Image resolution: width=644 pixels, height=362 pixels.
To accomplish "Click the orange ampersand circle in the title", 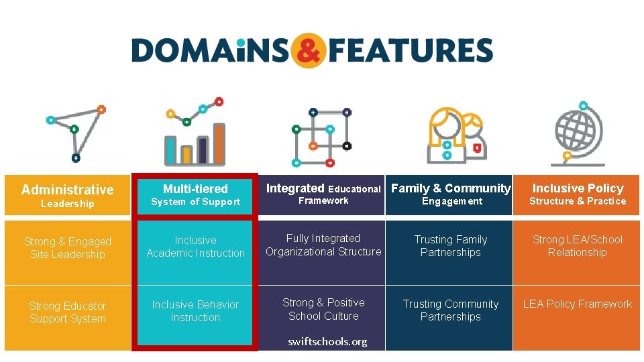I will coord(309,51).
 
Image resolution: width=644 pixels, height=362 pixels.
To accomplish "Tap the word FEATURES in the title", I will coord(411,51).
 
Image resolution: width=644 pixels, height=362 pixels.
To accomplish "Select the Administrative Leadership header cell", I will coord(68,196).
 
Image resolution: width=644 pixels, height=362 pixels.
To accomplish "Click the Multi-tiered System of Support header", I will coord(195,195).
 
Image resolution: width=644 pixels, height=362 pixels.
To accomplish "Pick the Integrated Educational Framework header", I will coord(323,194).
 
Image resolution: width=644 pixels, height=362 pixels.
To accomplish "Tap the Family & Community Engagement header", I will coord(451,194).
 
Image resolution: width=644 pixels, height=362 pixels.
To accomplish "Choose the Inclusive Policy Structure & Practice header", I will coord(577,194).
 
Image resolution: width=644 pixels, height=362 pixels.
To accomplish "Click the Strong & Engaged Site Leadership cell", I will coord(68,247).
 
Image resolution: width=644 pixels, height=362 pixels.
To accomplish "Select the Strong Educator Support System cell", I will coord(68,312).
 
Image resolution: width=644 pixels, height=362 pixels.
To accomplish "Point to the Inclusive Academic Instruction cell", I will coord(195,246).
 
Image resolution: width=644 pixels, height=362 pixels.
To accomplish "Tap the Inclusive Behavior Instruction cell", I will coord(195,311).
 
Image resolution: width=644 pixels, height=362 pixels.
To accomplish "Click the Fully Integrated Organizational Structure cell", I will coord(323,245).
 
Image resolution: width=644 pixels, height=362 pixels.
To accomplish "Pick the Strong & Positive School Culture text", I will coord(323,309).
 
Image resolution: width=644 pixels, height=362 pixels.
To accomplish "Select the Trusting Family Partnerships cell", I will coord(451,246).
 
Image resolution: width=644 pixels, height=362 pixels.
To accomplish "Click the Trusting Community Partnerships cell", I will coord(451,310).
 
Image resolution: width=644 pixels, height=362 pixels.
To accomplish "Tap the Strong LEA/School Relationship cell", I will coord(577,246).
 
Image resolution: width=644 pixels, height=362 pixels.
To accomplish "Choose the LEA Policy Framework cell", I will coord(577,304).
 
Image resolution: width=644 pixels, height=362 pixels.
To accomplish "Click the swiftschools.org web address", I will coord(327,342).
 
